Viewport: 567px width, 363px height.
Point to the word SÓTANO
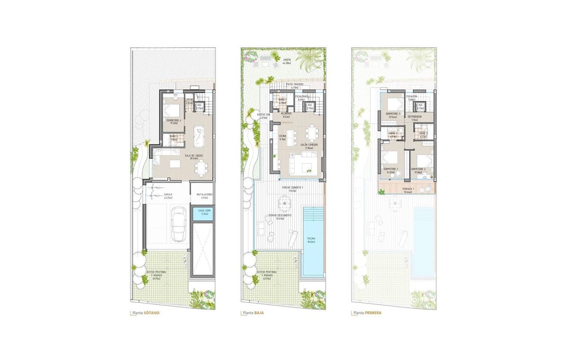[x=152, y=313]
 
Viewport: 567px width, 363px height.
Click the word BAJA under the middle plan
[x=259, y=313]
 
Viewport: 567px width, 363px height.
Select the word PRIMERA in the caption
[x=373, y=313]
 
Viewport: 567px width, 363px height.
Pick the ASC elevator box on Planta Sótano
[x=199, y=107]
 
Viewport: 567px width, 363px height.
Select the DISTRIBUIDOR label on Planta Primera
[x=414, y=118]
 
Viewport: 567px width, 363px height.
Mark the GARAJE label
[x=168, y=196]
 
